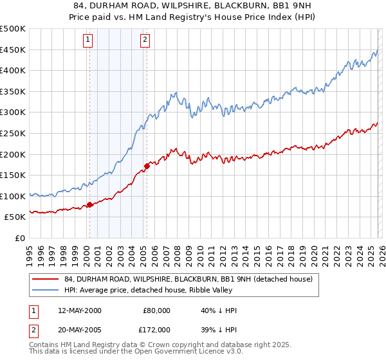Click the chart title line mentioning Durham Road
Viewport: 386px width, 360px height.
coord(192,6)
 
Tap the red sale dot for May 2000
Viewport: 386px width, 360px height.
coord(89,205)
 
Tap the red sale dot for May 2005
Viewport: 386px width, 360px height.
coord(147,166)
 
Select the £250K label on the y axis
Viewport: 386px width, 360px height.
coord(13,133)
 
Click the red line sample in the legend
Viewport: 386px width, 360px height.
coord(46,279)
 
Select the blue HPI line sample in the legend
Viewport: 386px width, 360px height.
coord(46,289)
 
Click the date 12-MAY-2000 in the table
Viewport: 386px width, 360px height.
coord(79,310)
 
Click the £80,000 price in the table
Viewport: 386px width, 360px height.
coord(156,310)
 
